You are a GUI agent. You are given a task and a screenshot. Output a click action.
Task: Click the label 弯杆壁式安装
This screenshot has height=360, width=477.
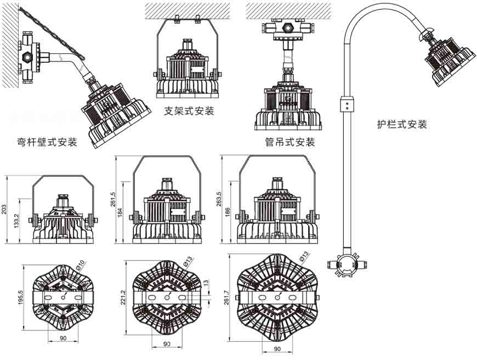point(47,143)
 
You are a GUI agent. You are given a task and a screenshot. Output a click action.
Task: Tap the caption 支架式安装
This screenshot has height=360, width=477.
point(190,111)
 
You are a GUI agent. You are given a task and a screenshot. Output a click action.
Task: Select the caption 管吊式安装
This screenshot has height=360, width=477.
point(290,143)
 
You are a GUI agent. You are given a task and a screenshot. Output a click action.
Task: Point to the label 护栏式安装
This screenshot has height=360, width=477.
point(402,124)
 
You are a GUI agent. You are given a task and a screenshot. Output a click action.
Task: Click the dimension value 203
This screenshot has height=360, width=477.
point(4,209)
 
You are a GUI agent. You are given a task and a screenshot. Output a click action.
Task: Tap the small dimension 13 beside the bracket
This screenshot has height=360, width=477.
point(206,283)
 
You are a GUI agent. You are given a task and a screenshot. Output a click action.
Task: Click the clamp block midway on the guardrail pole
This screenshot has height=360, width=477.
point(346,103)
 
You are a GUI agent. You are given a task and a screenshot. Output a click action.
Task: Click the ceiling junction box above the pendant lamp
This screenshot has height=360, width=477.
point(288,29)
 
